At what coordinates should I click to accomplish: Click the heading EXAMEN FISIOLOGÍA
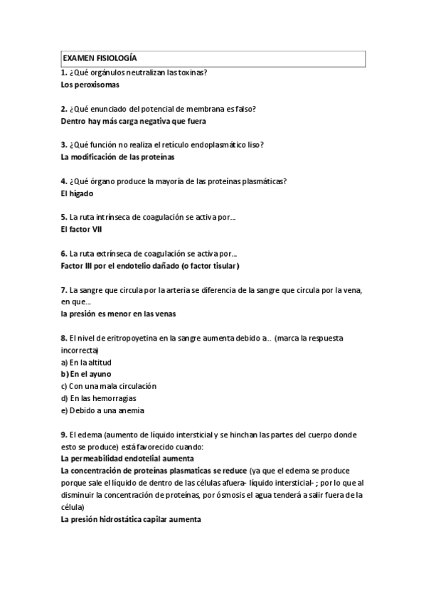coord(100,58)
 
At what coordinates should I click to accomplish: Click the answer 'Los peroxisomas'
coord(90,85)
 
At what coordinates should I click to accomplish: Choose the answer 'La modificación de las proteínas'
coord(118,156)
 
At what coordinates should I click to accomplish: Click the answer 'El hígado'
coord(78,193)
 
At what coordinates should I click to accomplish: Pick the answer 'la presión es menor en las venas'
coord(119,313)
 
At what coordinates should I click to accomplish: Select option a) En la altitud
coord(87,362)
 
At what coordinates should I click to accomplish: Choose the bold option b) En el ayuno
coord(86,374)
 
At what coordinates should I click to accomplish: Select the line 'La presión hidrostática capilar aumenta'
coord(132,519)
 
